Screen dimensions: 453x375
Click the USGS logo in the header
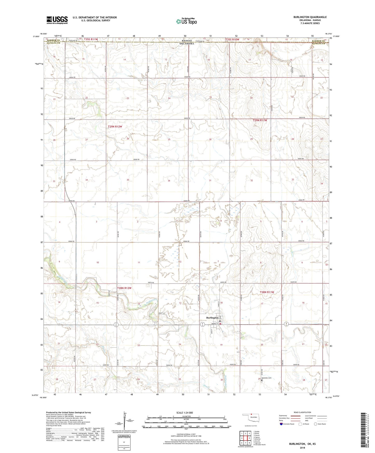pos(57,20)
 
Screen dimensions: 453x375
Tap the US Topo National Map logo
pos(186,21)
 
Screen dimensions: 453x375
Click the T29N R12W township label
pos(115,127)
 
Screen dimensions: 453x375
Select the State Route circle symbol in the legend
pos(316,424)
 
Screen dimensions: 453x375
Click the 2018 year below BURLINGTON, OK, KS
pos(302,448)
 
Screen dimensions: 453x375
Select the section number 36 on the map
pos(169,181)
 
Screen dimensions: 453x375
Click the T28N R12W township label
pos(124,288)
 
